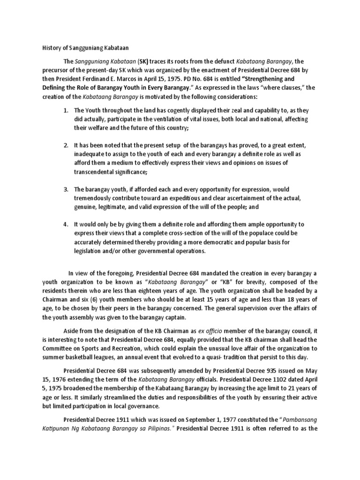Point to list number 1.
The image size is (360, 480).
66,110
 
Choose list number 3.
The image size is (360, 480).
66,189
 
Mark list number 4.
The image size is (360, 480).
66,225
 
